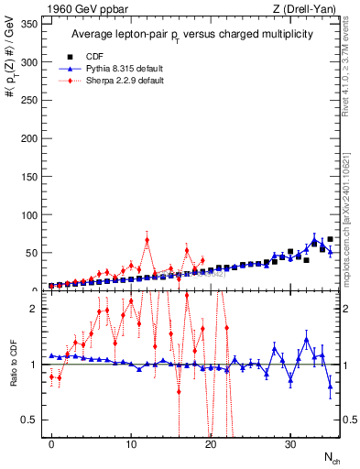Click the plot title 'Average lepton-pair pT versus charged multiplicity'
tap(191, 34)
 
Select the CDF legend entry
tap(91, 55)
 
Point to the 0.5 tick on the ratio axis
tap(33, 420)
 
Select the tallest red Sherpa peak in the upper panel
tap(147, 240)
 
